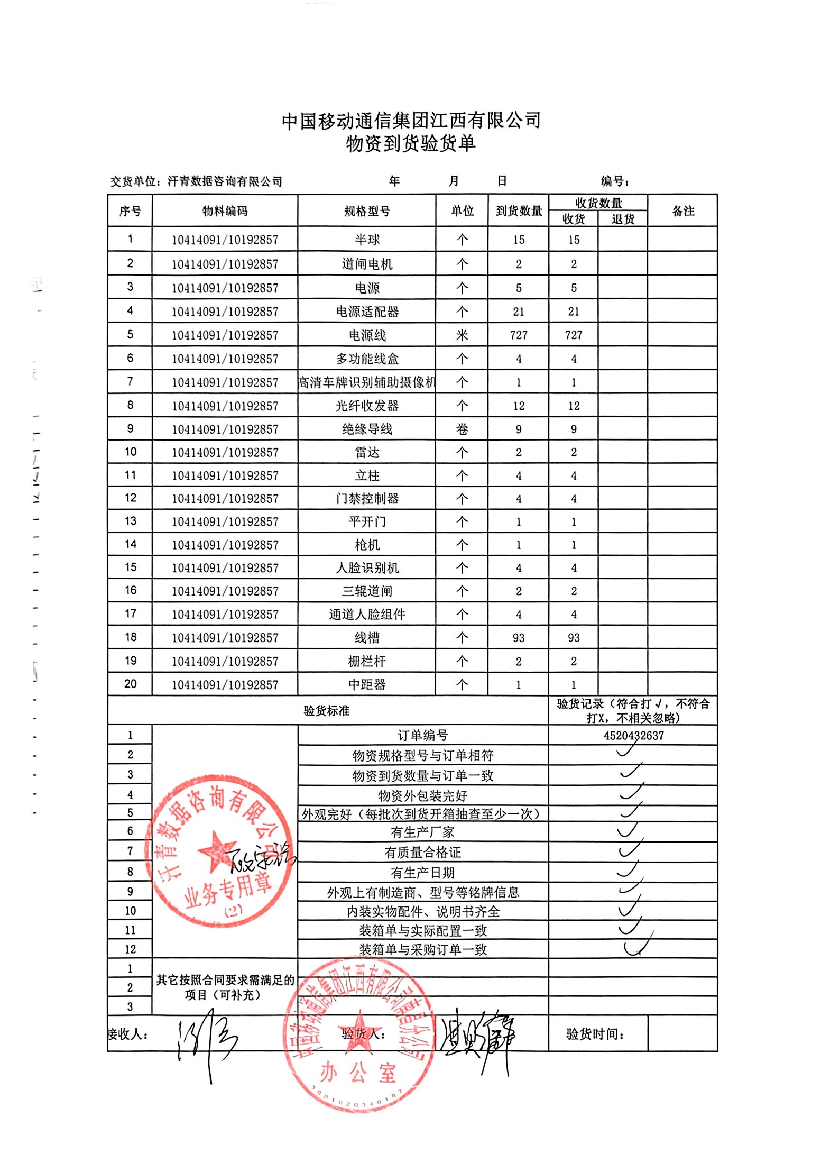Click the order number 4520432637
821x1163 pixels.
point(633,735)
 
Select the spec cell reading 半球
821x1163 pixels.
point(367,240)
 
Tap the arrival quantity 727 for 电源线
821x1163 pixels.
point(518,335)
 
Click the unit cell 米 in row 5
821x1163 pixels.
point(462,335)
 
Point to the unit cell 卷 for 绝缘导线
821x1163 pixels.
point(462,429)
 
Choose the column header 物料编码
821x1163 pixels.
point(225,211)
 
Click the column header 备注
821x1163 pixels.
point(682,211)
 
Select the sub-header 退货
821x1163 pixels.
point(622,219)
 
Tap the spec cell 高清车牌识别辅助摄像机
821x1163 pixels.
point(367,382)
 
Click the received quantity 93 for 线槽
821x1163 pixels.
point(574,638)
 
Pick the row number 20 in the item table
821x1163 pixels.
point(130,684)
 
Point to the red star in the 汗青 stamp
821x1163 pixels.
point(217,851)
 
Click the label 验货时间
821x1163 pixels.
point(594,1034)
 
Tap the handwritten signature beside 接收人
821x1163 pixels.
point(206,1039)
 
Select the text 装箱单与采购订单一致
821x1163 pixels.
point(423,949)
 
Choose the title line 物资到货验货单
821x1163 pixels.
point(411,143)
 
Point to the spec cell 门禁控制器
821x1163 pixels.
point(367,498)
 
